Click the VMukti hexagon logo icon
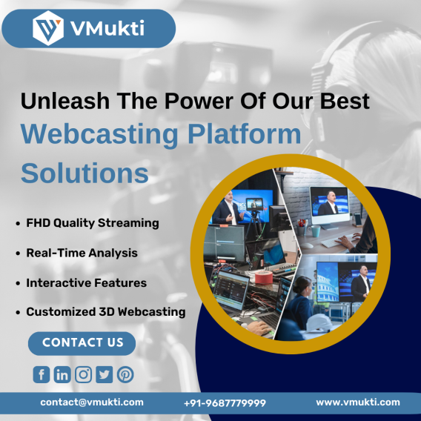[48, 28]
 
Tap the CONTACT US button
[82, 343]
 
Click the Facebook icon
[42, 374]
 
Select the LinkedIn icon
[62, 374]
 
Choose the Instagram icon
[83, 374]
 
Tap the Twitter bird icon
[105, 374]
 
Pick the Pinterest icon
[125, 374]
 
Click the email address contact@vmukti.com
[92, 402]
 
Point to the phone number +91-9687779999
[225, 403]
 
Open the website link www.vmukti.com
[358, 402]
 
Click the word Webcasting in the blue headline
[99, 135]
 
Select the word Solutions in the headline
[84, 173]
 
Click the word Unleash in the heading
[65, 101]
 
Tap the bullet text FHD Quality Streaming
[93, 223]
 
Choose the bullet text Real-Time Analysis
[82, 253]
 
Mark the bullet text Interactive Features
[87, 282]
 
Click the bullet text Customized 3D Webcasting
[106, 312]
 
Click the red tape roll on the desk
[264, 276]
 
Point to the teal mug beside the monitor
[316, 231]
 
